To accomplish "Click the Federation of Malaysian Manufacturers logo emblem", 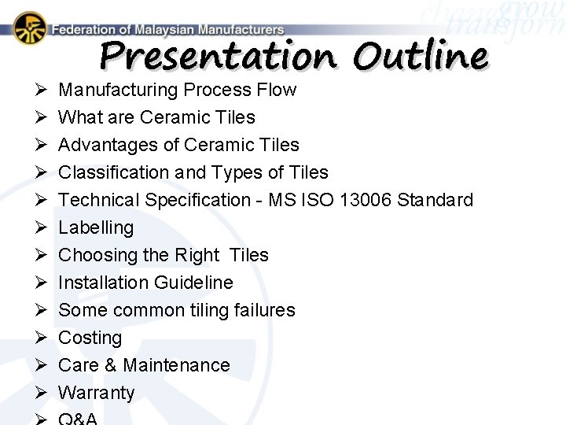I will point(30,28).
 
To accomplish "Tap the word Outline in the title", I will point(421,56).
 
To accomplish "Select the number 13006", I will point(366,200).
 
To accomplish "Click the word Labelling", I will point(96,227).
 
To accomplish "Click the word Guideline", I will point(194,283).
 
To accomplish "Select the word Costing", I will point(90,338).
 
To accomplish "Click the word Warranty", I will point(96,393).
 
